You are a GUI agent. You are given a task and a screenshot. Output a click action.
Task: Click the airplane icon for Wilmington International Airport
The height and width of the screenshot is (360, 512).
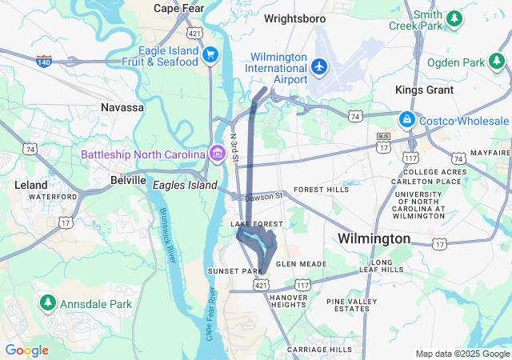319,65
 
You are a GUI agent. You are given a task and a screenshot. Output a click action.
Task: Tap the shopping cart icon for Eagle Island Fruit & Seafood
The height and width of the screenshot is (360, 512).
210,54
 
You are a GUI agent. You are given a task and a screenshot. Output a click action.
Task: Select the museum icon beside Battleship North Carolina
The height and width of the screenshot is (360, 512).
217,152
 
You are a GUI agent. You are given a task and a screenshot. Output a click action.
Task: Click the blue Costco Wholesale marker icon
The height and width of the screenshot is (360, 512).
406,119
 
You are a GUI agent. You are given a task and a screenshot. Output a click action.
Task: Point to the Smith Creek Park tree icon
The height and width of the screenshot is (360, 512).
454,17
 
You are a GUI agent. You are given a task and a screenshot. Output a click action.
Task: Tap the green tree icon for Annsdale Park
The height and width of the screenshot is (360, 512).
47,303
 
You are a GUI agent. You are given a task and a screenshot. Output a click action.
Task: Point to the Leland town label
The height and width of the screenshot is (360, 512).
31,185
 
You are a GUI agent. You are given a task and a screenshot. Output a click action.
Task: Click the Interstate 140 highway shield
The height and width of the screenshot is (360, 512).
45,61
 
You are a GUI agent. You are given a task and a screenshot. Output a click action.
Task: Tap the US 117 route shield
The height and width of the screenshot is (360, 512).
302,284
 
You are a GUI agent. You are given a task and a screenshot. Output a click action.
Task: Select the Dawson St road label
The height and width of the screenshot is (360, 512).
264,195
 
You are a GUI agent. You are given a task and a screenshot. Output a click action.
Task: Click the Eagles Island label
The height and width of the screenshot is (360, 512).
185,185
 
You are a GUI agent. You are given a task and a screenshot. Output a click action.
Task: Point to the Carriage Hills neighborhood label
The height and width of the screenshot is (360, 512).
319,350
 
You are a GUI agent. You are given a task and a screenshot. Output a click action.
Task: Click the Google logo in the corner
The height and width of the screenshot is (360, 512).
26,350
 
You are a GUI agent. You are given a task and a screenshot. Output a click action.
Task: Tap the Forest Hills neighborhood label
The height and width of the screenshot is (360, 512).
321,190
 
